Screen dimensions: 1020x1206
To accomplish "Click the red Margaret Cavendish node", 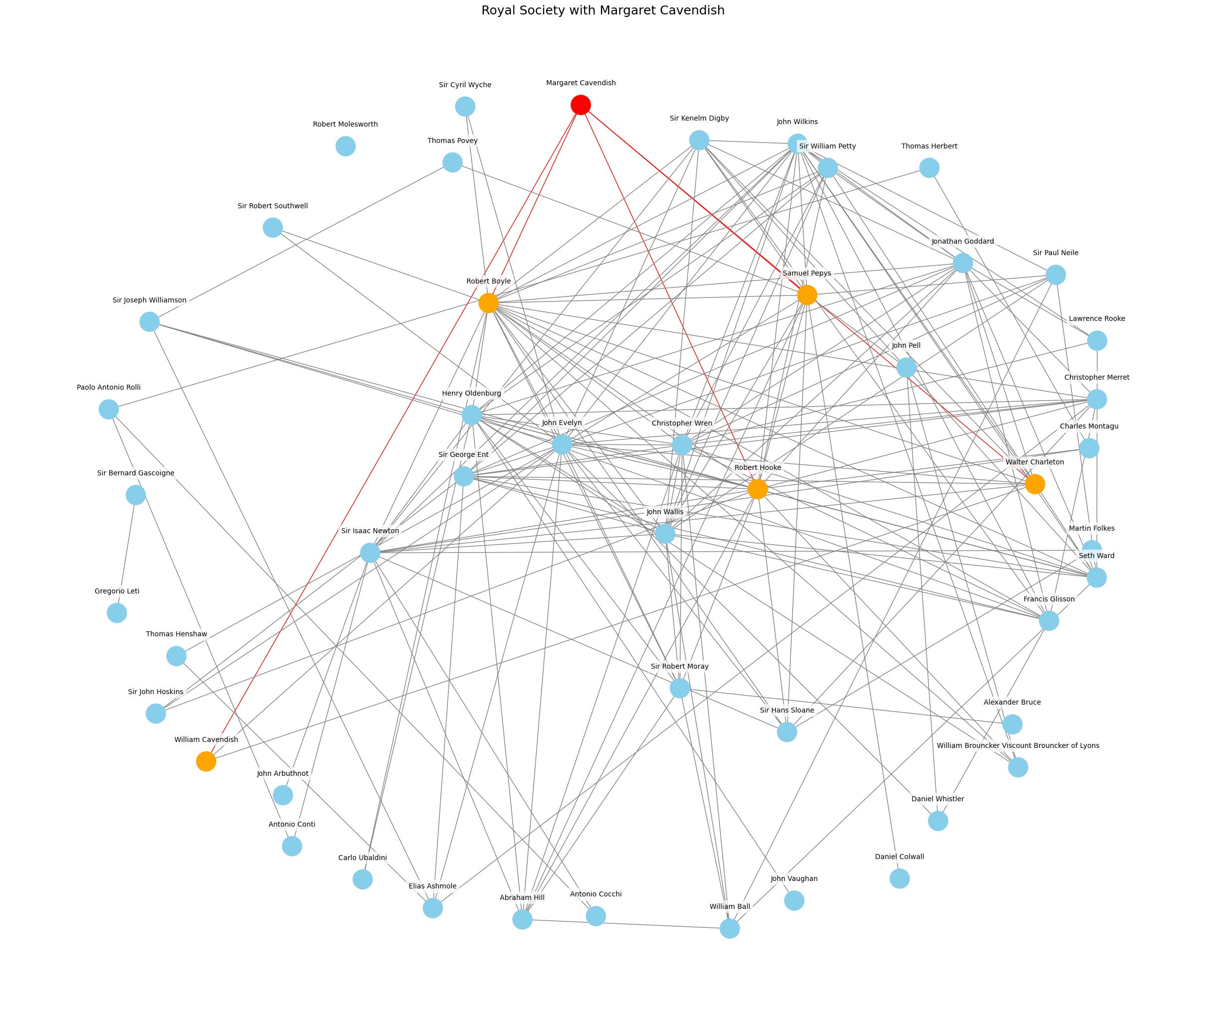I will (581, 105).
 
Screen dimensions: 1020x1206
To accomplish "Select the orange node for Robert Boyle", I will (488, 302).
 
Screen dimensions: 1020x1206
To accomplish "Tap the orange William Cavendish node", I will (206, 761).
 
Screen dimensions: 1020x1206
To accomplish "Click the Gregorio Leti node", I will (117, 612).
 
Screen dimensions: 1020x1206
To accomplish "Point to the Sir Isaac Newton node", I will (370, 553).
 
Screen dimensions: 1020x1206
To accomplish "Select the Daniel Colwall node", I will (900, 878).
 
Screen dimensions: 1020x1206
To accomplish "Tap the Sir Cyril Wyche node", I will (465, 107).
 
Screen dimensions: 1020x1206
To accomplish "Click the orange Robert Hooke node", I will (757, 489).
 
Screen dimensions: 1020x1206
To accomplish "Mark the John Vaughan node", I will (794, 900).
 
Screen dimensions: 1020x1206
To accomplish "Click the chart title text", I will (603, 10).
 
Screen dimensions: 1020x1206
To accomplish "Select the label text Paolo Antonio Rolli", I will (109, 387).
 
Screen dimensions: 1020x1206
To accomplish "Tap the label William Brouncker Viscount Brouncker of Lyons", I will (1018, 745).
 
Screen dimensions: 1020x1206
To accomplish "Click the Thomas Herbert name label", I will (929, 146).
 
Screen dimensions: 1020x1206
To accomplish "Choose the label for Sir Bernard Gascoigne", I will (136, 473).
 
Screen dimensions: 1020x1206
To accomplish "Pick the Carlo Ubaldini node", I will (362, 879).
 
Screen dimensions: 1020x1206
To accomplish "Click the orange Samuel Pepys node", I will (806, 295).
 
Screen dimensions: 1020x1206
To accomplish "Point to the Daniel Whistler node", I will (938, 821).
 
